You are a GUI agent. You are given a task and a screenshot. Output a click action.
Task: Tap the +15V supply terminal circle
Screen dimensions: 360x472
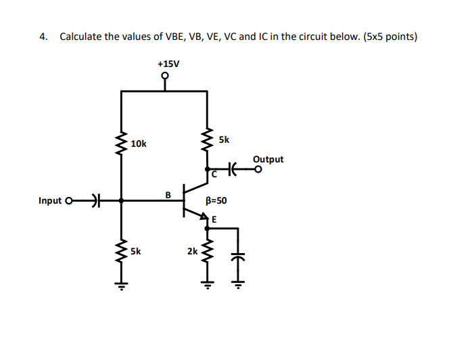click(x=165, y=76)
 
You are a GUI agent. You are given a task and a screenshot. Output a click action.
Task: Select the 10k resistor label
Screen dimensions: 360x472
click(x=139, y=144)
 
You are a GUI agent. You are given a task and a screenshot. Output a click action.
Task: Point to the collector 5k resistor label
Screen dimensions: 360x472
click(x=224, y=139)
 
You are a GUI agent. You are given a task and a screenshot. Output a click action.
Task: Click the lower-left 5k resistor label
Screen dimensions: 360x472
click(x=136, y=250)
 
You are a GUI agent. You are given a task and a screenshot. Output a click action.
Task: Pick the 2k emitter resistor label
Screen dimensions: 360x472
click(x=193, y=251)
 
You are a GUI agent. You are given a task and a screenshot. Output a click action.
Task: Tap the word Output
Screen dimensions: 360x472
click(x=268, y=160)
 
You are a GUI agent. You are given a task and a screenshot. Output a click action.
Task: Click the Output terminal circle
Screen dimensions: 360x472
click(x=258, y=170)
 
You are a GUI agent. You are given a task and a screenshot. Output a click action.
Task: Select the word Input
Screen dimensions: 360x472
click(x=50, y=201)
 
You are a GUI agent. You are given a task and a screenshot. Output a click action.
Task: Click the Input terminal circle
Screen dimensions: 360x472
click(x=68, y=201)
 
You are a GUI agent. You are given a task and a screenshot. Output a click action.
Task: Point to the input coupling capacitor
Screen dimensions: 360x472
click(x=95, y=201)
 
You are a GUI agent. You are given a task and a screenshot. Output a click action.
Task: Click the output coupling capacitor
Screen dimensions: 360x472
click(x=235, y=169)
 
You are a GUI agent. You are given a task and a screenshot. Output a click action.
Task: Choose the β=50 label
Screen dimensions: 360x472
click(x=216, y=201)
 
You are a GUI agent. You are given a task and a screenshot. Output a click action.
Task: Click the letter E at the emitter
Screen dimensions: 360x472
click(x=214, y=219)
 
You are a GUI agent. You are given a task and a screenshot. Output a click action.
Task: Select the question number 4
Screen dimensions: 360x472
click(x=42, y=37)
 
